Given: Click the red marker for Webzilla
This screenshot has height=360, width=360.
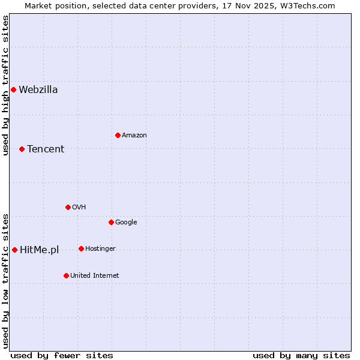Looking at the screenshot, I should pyautogui.click(x=13, y=90).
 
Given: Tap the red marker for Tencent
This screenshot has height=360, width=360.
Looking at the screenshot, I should pyautogui.click(x=22, y=149).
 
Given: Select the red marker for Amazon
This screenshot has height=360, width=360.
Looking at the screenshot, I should pyautogui.click(x=118, y=135).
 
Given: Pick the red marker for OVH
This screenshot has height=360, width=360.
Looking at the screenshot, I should pyautogui.click(x=68, y=207).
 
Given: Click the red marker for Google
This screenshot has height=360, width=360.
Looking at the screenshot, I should pyautogui.click(x=111, y=222).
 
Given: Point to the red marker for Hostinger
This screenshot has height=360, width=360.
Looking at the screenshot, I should pyautogui.click(x=81, y=248).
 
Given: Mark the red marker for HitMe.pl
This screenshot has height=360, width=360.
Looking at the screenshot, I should pyautogui.click(x=14, y=250).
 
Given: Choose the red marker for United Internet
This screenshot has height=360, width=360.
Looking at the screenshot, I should pyautogui.click(x=66, y=275).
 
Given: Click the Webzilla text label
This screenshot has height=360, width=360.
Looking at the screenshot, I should pyautogui.click(x=38, y=90).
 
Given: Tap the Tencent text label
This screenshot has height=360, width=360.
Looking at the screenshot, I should pyautogui.click(x=46, y=149).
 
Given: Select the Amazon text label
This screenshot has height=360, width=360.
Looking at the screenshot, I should pyautogui.click(x=134, y=135).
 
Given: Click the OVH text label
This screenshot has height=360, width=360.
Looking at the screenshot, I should pyautogui.click(x=79, y=207).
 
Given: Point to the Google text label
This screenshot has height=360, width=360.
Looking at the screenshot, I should pyautogui.click(x=126, y=222).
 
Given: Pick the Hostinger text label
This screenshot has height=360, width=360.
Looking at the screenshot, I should pyautogui.click(x=100, y=248).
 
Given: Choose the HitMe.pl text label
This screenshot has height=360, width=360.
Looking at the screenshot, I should pyautogui.click(x=40, y=250).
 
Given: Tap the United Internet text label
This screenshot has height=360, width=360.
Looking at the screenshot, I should pyautogui.click(x=95, y=275).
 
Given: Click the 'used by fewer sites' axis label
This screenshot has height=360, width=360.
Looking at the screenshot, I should pyautogui.click(x=62, y=355).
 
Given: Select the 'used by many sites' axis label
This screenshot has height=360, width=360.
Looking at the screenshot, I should pyautogui.click(x=301, y=355).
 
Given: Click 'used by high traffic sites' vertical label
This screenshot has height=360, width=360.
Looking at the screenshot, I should pyautogui.click(x=5, y=85).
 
